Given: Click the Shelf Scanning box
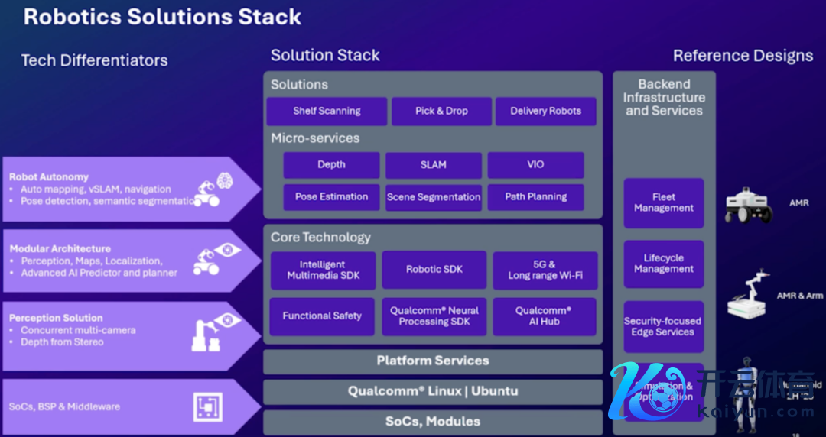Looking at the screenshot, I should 327,111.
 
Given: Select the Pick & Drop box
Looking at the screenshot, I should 441,111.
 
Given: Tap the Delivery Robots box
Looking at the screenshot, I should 545,111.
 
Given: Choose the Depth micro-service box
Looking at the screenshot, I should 331,165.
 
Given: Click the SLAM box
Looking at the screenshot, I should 433,165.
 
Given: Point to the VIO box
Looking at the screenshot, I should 535,165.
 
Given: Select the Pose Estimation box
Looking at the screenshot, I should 331,197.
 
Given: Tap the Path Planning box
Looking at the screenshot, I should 535,197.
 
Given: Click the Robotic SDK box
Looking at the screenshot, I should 434,270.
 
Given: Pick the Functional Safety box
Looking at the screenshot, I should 322,316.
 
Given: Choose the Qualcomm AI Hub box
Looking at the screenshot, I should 544,316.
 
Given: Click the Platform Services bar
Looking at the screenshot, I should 433,361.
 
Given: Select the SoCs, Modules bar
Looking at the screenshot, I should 433,422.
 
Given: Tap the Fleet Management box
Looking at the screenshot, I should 663,202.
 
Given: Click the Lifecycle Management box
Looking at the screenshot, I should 663,264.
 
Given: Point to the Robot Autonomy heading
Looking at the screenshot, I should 49,177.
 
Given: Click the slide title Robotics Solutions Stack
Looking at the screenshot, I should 162,17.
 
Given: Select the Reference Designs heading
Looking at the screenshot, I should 743,56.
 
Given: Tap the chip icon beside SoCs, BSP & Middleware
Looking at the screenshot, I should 206,406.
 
